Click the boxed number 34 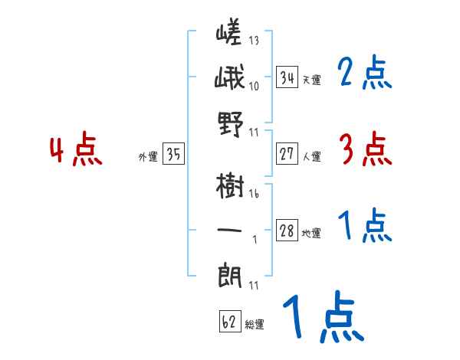pyautogui.click(x=287, y=77)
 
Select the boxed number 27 pyautogui.click(x=287, y=154)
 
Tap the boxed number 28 pyautogui.click(x=287, y=231)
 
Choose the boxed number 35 pyautogui.click(x=173, y=155)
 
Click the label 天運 pyautogui.click(x=311, y=80)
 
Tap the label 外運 pyautogui.click(x=147, y=157)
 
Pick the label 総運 pyautogui.click(x=254, y=325)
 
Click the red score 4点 pyautogui.click(x=77, y=151)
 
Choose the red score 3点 pyautogui.click(x=365, y=149)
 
